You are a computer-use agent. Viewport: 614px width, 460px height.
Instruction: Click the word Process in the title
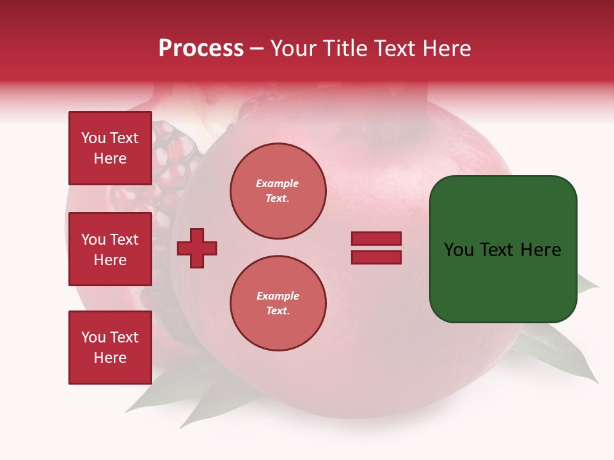click(201, 49)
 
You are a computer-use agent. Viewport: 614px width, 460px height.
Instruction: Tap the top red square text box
click(110, 148)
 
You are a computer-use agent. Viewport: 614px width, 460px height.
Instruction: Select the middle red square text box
click(110, 249)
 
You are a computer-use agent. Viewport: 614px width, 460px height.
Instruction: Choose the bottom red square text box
click(110, 348)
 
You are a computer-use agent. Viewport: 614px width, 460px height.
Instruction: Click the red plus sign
click(197, 249)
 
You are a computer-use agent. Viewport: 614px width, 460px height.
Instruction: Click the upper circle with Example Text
click(278, 191)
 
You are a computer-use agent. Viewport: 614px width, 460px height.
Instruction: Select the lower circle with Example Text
click(278, 303)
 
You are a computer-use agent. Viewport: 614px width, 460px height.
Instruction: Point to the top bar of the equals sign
click(376, 239)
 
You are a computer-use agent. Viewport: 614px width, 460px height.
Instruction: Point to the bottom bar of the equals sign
click(376, 257)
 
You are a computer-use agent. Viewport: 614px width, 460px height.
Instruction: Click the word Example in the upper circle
click(278, 183)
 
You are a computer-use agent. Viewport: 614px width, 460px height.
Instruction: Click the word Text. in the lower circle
click(278, 311)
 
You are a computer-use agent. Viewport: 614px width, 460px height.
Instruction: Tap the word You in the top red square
click(93, 138)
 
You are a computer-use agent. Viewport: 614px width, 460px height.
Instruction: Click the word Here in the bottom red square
click(110, 358)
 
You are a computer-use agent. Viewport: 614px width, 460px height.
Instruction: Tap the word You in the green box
click(459, 250)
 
